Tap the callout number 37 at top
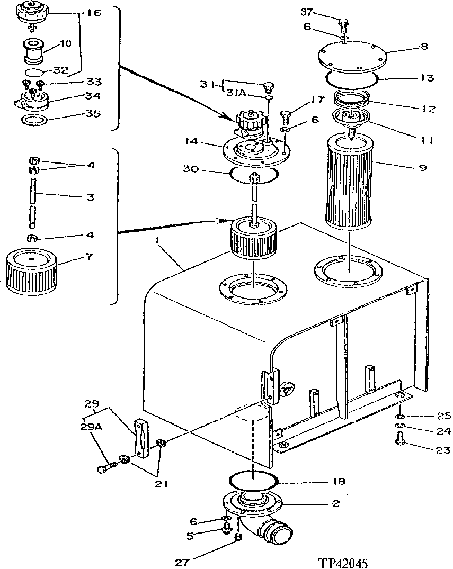pyautogui.click(x=322, y=11)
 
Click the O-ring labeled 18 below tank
pyautogui.click(x=253, y=481)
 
